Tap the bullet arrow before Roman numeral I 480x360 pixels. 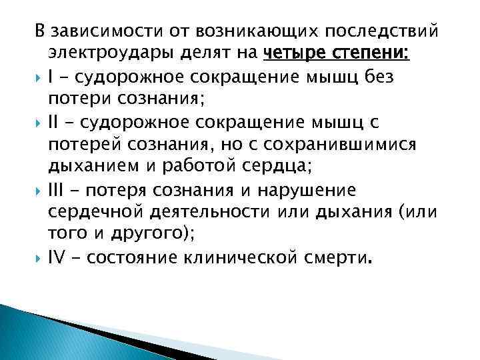[39, 79]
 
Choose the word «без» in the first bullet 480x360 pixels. [377, 78]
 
